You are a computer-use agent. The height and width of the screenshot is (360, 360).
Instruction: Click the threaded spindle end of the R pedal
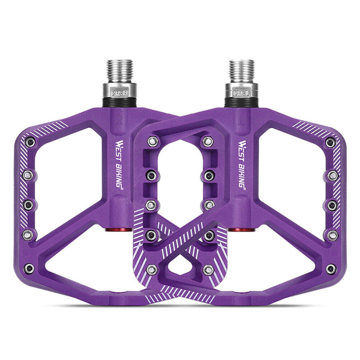tap(120, 70)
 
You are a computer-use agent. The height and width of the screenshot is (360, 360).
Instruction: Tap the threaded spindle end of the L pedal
tap(242, 70)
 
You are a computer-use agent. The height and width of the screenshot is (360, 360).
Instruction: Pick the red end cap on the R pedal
tap(114, 230)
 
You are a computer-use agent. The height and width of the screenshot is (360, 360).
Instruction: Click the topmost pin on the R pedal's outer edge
tap(30, 143)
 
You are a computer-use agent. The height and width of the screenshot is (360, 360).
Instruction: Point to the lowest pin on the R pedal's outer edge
tap(29, 269)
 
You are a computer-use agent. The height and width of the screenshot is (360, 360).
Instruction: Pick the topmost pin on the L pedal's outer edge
tap(331, 143)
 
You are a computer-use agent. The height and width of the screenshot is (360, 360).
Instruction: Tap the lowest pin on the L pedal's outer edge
tap(331, 269)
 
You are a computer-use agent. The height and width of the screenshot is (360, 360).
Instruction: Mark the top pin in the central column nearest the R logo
tap(152, 141)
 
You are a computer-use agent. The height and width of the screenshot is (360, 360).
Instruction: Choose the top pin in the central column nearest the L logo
tap(207, 141)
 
